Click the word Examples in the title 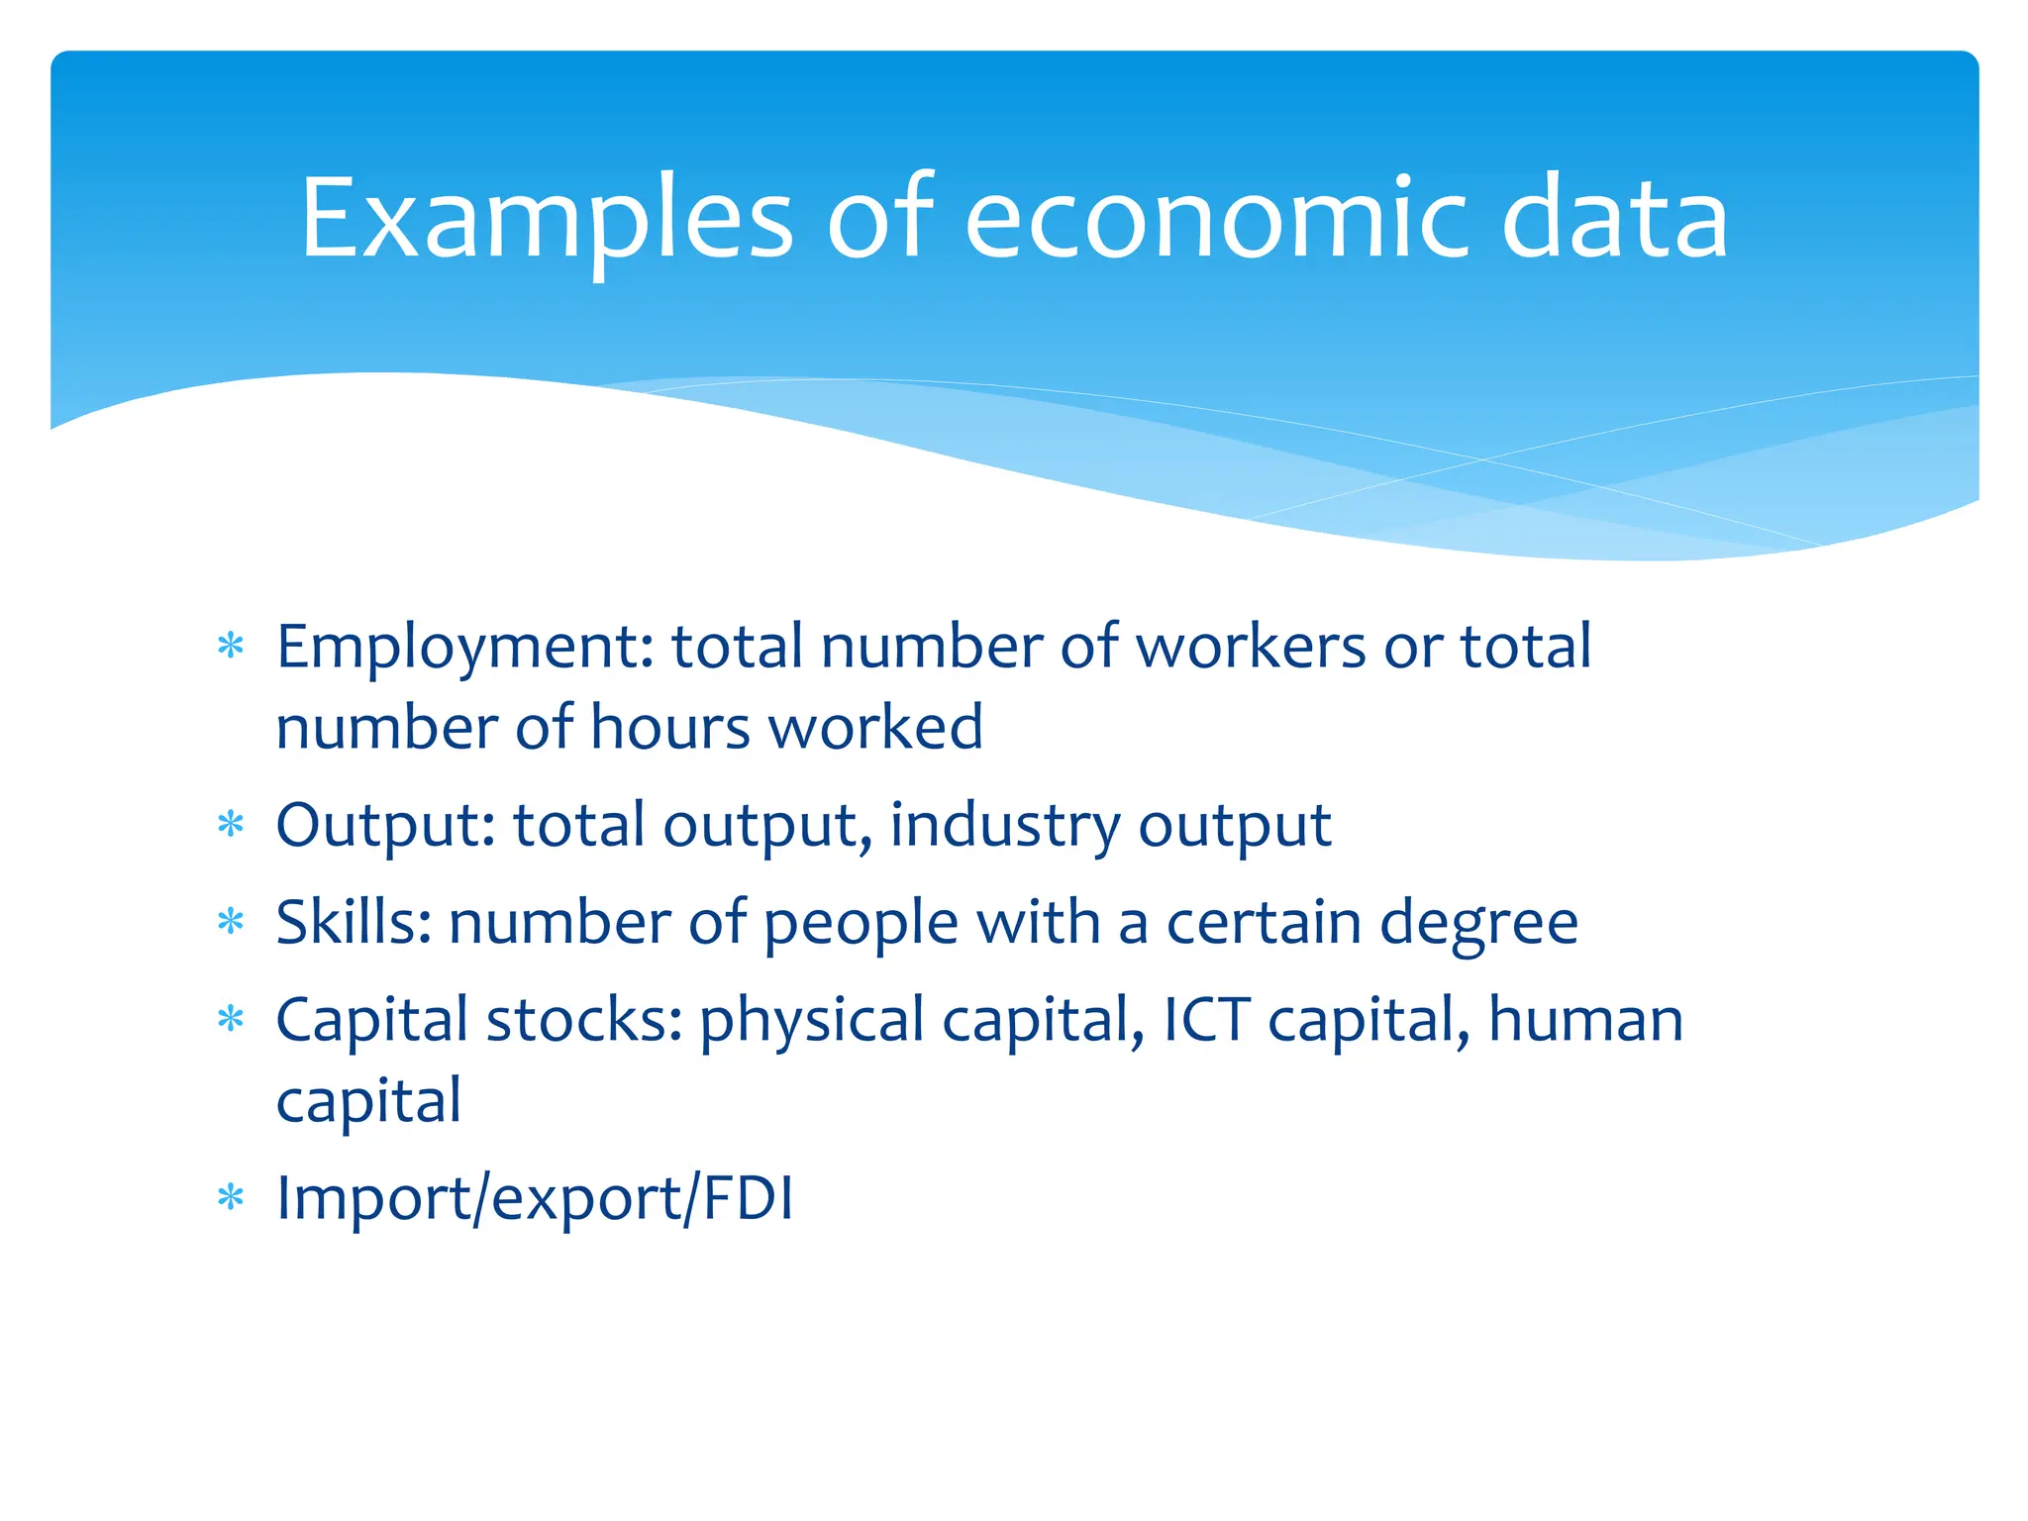pos(546,219)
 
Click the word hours pos(670,728)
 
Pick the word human pos(1585,1020)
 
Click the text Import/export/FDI pos(535,1199)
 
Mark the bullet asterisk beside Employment pos(231,648)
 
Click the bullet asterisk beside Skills pos(231,923)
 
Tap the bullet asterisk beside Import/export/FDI pos(231,1198)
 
